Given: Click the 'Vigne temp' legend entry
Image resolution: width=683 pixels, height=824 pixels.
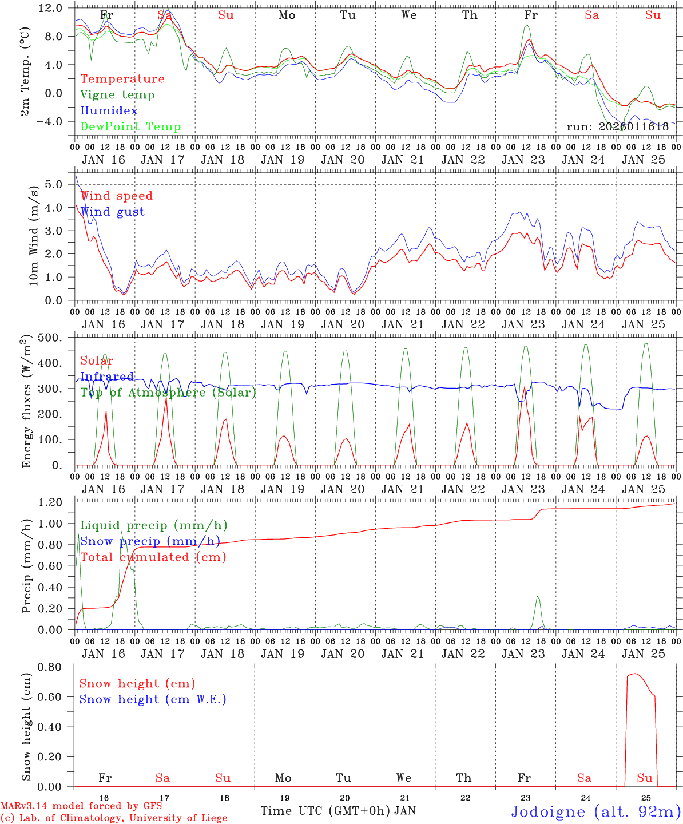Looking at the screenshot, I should [117, 95].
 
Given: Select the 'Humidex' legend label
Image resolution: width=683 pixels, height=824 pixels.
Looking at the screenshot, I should [109, 111].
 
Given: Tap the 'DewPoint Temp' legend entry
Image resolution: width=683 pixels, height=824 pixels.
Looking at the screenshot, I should [130, 127].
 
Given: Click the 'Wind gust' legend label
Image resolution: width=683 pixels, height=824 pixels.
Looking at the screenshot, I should [112, 212].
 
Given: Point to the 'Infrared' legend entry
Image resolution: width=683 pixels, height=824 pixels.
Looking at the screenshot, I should [107, 377].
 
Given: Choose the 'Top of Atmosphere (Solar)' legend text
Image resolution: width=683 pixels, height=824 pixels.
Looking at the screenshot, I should [168, 393].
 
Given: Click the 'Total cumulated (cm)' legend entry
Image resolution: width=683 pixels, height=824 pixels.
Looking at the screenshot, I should [153, 557].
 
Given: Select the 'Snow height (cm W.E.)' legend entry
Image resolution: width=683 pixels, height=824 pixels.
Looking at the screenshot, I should [153, 699].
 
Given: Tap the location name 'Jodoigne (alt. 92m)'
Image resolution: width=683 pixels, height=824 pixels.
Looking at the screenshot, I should [595, 811].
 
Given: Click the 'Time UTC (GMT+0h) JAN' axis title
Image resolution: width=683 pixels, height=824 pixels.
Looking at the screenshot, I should [338, 811].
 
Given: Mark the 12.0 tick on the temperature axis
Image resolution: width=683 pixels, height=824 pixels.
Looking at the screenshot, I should [58, 9].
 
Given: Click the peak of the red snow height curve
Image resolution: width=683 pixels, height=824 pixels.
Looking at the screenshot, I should [635, 674].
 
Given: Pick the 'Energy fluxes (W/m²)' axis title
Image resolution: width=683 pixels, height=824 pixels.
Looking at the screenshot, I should [26, 402].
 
